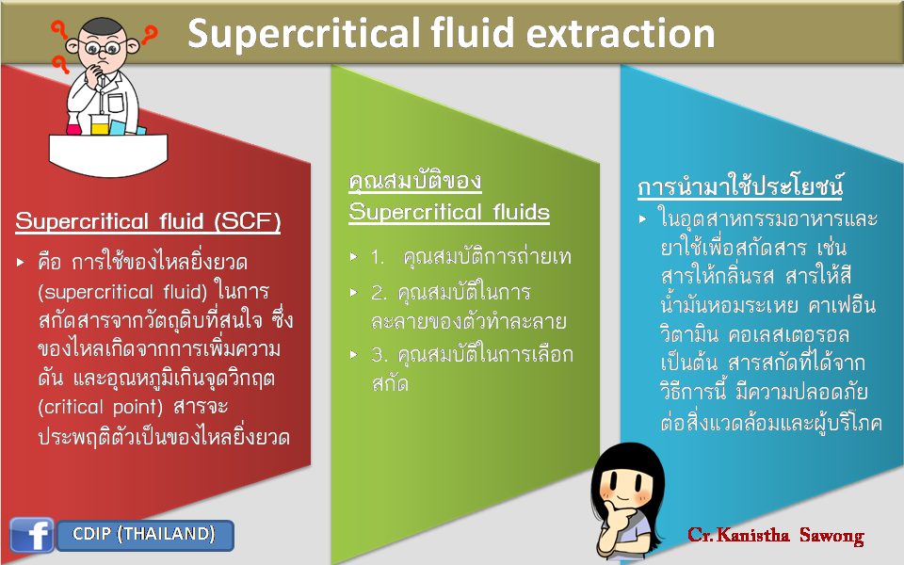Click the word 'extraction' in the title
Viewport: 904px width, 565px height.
coord(621,33)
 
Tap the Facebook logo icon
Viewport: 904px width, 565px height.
coord(32,535)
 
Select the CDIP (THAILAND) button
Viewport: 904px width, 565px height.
coord(145,535)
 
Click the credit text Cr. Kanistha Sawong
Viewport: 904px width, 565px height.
coord(775,536)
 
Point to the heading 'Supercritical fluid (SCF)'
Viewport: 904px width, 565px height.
coord(148,220)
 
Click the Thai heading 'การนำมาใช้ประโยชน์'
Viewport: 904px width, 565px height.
coord(740,186)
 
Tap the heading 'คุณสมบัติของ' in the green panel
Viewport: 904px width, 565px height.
coord(415,182)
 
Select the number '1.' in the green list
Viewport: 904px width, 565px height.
coord(379,257)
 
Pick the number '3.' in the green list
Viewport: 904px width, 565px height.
coord(379,355)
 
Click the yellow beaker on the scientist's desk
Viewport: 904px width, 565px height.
coord(100,124)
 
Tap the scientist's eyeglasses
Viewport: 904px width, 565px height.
coord(103,48)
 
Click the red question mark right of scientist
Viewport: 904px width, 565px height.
coord(149,34)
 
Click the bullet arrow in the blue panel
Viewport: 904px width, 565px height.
coord(643,219)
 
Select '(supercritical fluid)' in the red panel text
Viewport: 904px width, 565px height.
coord(122,292)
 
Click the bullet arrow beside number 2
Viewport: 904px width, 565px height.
coord(354,293)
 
